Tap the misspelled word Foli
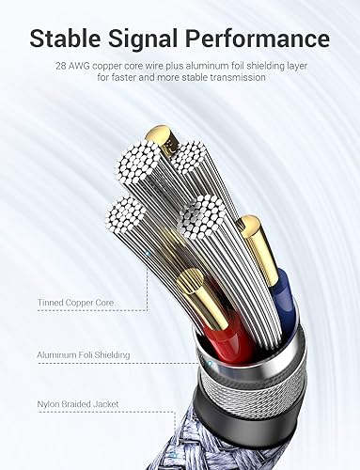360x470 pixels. [88, 355]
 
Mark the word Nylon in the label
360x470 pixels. [50, 407]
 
